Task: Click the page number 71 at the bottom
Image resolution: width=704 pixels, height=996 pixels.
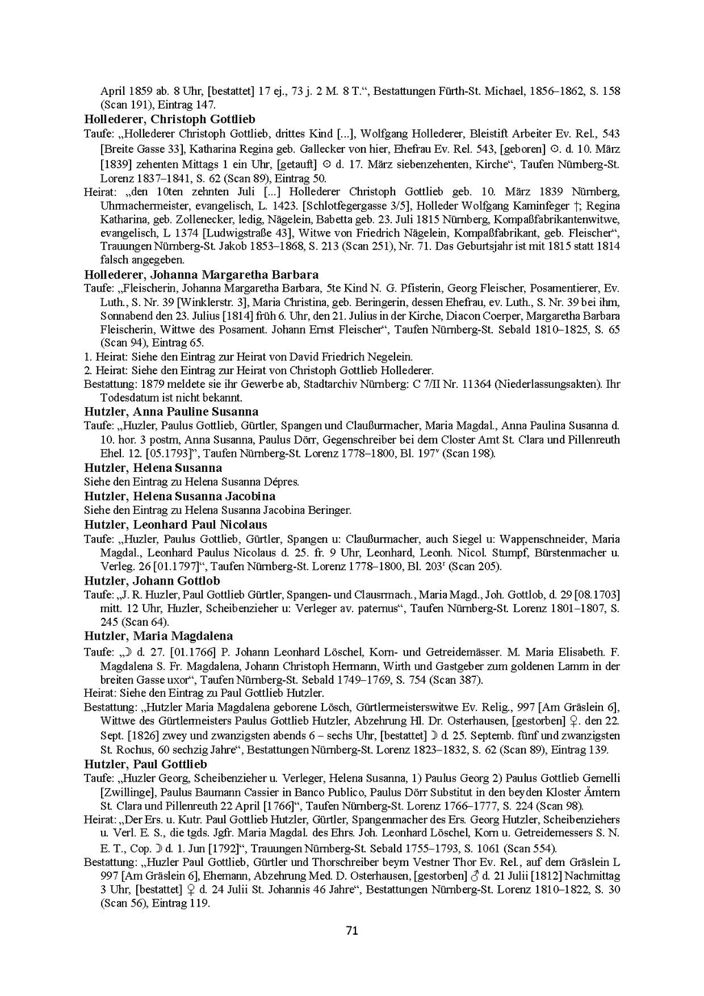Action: [351, 931]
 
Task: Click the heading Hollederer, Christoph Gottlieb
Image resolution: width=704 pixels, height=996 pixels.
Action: [169, 119]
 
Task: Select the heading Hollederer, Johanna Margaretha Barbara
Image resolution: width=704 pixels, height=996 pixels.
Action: [201, 274]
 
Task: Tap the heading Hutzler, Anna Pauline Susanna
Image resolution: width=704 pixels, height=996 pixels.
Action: [171, 412]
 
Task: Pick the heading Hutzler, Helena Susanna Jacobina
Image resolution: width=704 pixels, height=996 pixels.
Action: [179, 496]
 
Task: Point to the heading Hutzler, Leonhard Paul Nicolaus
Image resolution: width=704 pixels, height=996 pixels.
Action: [175, 525]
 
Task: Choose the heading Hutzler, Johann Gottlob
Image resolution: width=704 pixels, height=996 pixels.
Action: [152, 581]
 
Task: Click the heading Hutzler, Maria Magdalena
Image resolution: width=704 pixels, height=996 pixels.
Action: [158, 636]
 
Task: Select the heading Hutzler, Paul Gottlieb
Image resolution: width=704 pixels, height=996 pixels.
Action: [145, 764]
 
